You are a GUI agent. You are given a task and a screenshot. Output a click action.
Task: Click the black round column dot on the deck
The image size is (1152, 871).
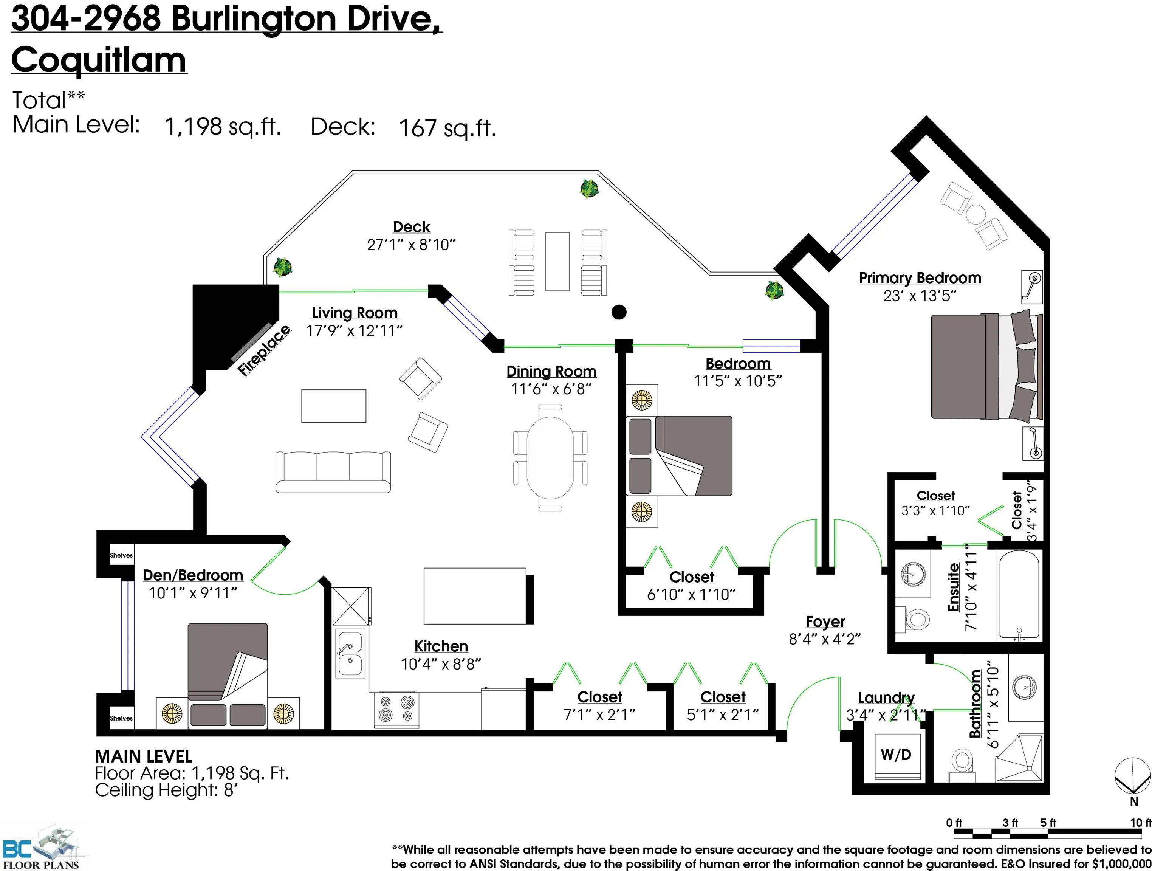pos(619,312)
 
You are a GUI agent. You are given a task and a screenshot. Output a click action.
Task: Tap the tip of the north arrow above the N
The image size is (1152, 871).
pos(1133,791)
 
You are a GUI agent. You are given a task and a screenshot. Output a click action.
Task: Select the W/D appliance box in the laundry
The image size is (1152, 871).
pos(896,756)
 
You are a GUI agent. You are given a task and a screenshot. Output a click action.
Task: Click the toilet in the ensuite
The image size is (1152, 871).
pos(914,619)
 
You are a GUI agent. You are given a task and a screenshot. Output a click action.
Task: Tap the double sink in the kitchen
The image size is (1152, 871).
pos(350,653)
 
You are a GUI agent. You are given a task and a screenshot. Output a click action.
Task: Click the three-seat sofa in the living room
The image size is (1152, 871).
pos(333,471)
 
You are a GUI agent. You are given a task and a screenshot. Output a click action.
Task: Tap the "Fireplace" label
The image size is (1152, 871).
pos(263,350)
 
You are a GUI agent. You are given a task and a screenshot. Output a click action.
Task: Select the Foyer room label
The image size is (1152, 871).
pos(825,621)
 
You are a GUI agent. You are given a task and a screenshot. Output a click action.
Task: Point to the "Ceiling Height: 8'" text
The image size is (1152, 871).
pos(166,790)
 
